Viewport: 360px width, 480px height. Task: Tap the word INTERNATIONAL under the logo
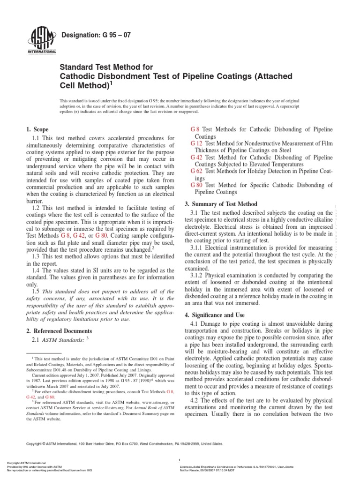43,51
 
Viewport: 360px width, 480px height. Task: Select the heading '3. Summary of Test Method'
224,204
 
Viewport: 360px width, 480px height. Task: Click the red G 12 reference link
196,143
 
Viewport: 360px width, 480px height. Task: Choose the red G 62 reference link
196,171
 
